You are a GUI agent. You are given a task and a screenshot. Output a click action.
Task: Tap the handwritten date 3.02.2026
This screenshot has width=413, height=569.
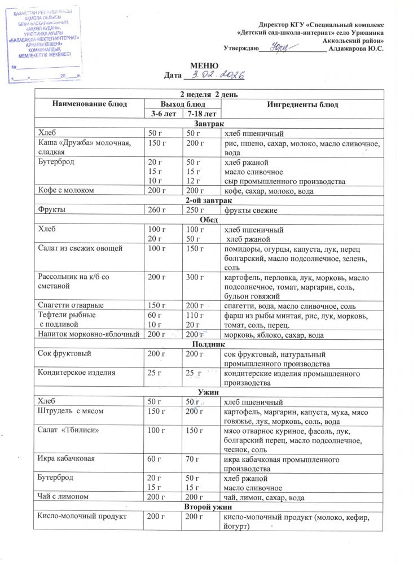pos(216,75)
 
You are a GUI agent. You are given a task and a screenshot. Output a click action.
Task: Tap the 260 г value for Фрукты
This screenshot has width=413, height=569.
pos(155,211)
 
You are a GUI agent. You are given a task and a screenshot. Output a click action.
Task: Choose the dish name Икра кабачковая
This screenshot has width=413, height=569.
pos(66,458)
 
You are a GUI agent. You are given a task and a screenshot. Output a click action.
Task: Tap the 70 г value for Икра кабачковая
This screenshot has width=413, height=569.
pos(192,458)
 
